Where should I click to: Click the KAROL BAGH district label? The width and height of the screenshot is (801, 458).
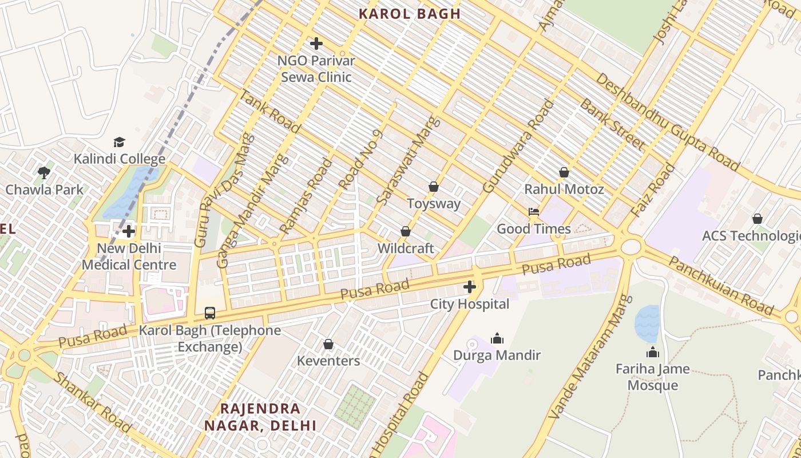point(409,14)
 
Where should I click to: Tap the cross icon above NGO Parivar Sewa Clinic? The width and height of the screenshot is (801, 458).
point(316,44)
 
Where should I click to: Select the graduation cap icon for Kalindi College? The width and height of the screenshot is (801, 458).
point(119,142)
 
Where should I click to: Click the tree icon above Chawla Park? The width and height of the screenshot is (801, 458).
point(44,172)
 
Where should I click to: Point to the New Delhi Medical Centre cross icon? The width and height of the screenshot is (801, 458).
point(129,231)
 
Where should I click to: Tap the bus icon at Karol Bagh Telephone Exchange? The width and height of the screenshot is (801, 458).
point(210,313)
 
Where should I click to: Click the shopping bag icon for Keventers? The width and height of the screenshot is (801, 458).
point(328,344)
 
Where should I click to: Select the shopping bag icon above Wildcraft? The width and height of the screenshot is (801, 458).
point(406,231)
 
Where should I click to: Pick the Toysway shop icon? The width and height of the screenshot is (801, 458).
point(434,187)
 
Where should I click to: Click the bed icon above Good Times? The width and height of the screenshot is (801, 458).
point(534,212)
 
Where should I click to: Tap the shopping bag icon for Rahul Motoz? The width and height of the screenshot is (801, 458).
point(564,172)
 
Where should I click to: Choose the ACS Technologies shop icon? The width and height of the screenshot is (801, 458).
point(758,219)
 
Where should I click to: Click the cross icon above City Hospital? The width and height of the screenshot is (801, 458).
point(470,287)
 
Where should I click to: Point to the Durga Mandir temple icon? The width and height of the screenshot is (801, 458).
point(497,338)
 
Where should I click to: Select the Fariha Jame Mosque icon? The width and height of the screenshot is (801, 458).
point(652,352)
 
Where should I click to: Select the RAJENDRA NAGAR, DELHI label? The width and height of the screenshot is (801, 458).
point(260,417)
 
